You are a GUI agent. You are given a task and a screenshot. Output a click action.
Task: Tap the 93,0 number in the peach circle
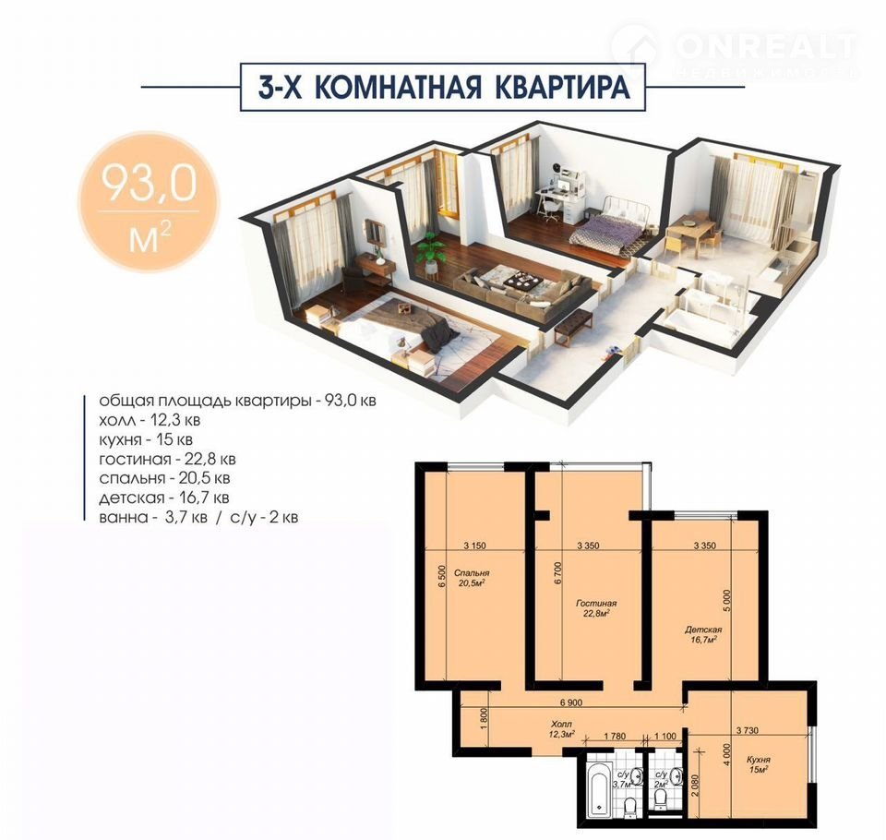pos(149,183)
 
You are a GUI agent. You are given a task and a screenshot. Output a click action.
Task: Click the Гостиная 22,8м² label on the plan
pos(596,608)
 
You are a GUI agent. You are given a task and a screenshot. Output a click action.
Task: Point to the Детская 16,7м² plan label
pos(703,634)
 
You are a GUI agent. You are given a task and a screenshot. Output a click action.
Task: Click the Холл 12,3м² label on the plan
pos(561,729)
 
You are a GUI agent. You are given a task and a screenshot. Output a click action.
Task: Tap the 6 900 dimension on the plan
pos(571,702)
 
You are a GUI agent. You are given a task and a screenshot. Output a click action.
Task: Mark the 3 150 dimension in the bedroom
pos(474,546)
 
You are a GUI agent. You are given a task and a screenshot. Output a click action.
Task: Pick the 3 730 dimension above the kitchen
pos(747,730)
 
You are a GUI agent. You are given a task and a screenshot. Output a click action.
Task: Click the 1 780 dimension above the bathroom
pos(615,736)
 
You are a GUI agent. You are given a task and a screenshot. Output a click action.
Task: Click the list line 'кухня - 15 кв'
pos(146,439)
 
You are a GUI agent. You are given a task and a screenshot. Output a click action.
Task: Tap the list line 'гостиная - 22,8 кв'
pos(167,459)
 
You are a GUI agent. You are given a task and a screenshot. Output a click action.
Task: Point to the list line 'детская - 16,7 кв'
pos(164,498)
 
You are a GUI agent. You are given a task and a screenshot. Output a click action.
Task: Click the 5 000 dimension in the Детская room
pos(727,600)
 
